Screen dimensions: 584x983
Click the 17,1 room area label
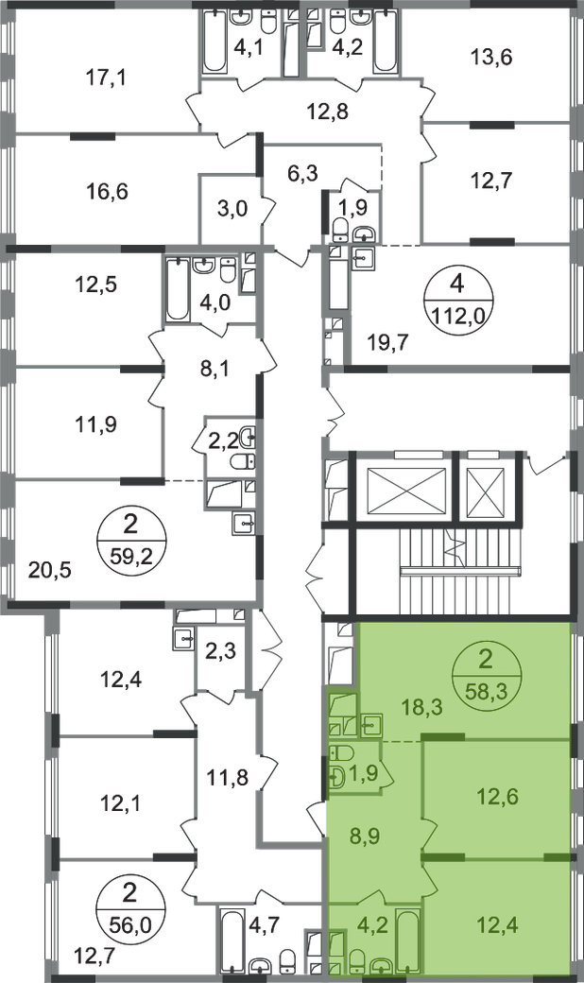tap(105, 78)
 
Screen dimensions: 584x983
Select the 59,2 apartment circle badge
tap(129, 539)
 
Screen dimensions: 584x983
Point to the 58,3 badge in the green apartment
tap(486, 676)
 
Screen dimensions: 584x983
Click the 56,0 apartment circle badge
tap(129, 910)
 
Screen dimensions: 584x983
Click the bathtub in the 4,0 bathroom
tap(178, 289)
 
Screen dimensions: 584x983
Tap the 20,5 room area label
tap(50, 571)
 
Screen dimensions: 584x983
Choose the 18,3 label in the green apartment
tap(421, 707)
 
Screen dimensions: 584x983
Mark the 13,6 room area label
tap(491, 59)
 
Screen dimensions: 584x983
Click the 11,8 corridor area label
tap(228, 778)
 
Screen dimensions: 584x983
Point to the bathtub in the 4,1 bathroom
tap(215, 42)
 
